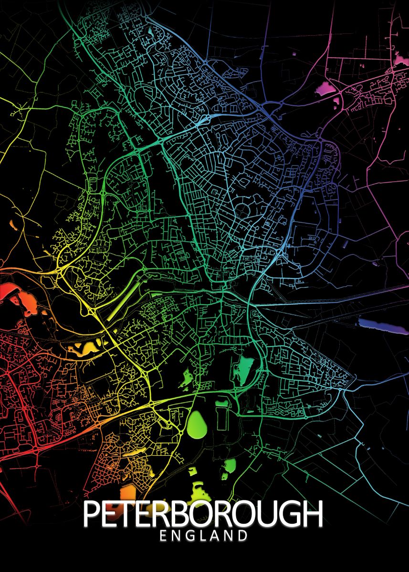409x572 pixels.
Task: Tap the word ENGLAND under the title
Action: click(204, 536)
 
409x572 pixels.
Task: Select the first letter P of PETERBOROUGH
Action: click(91, 514)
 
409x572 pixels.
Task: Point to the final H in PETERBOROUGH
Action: click(313, 514)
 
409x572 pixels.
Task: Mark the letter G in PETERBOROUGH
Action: click(289, 514)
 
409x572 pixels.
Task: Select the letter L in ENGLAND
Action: click(200, 536)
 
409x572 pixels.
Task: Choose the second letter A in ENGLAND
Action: click(213, 536)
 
